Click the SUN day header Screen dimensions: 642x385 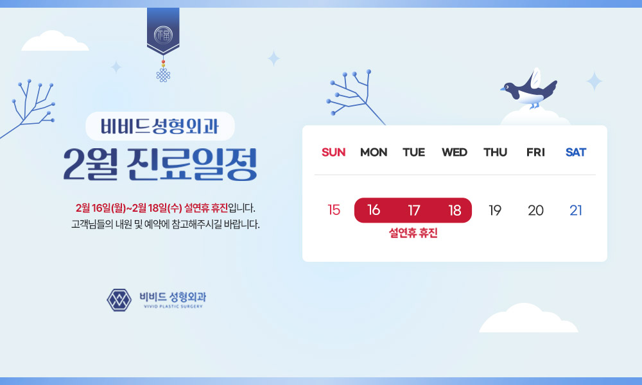click(333, 152)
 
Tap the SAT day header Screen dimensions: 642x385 click(576, 152)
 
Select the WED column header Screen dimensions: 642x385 click(455, 152)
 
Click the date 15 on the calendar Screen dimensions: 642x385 click(334, 210)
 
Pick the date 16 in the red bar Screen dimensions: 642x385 click(374, 210)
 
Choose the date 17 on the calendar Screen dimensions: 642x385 click(414, 210)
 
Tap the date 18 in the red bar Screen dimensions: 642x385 click(455, 210)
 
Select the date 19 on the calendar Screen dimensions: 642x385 click(495, 210)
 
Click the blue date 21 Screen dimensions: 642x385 click(576, 210)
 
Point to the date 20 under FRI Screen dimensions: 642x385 click(535, 210)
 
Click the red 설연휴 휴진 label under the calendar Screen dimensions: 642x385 click(413, 233)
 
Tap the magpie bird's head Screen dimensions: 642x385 click(510, 87)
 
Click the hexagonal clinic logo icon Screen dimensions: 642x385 click(119, 300)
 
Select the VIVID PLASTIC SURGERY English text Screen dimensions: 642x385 click(173, 306)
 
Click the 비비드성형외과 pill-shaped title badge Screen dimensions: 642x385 click(160, 126)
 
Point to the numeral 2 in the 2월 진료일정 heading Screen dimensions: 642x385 click(74, 164)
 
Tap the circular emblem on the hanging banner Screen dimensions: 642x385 click(163, 35)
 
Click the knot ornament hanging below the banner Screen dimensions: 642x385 click(163, 74)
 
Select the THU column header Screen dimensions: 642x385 click(495, 152)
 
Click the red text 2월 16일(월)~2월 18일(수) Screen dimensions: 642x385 click(128, 208)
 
